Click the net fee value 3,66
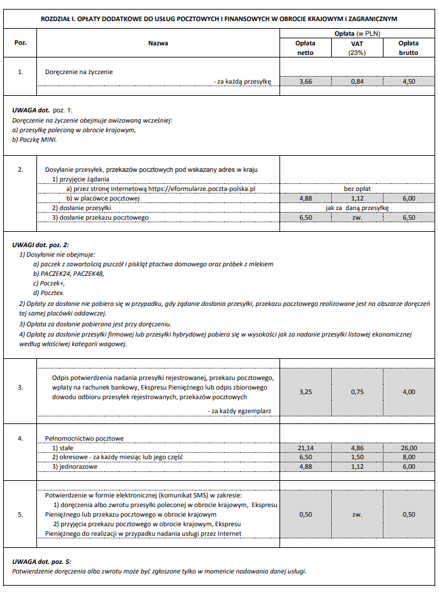pos(305,82)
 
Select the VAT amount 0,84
pos(357,82)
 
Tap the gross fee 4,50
pos(408,82)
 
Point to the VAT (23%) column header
pos(357,48)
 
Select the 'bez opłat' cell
pos(357,190)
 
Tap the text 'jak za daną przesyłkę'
pos(357,208)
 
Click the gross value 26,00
pos(408,448)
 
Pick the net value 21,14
pos(305,448)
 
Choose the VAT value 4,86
pos(357,448)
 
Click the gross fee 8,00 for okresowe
pos(408,458)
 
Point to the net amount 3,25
pos(305,392)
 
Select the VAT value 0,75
pos(357,392)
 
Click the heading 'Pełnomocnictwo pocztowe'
pos(84,439)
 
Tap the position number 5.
pos(21,514)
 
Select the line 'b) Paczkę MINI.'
pos(34,139)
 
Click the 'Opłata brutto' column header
pos(408,48)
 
